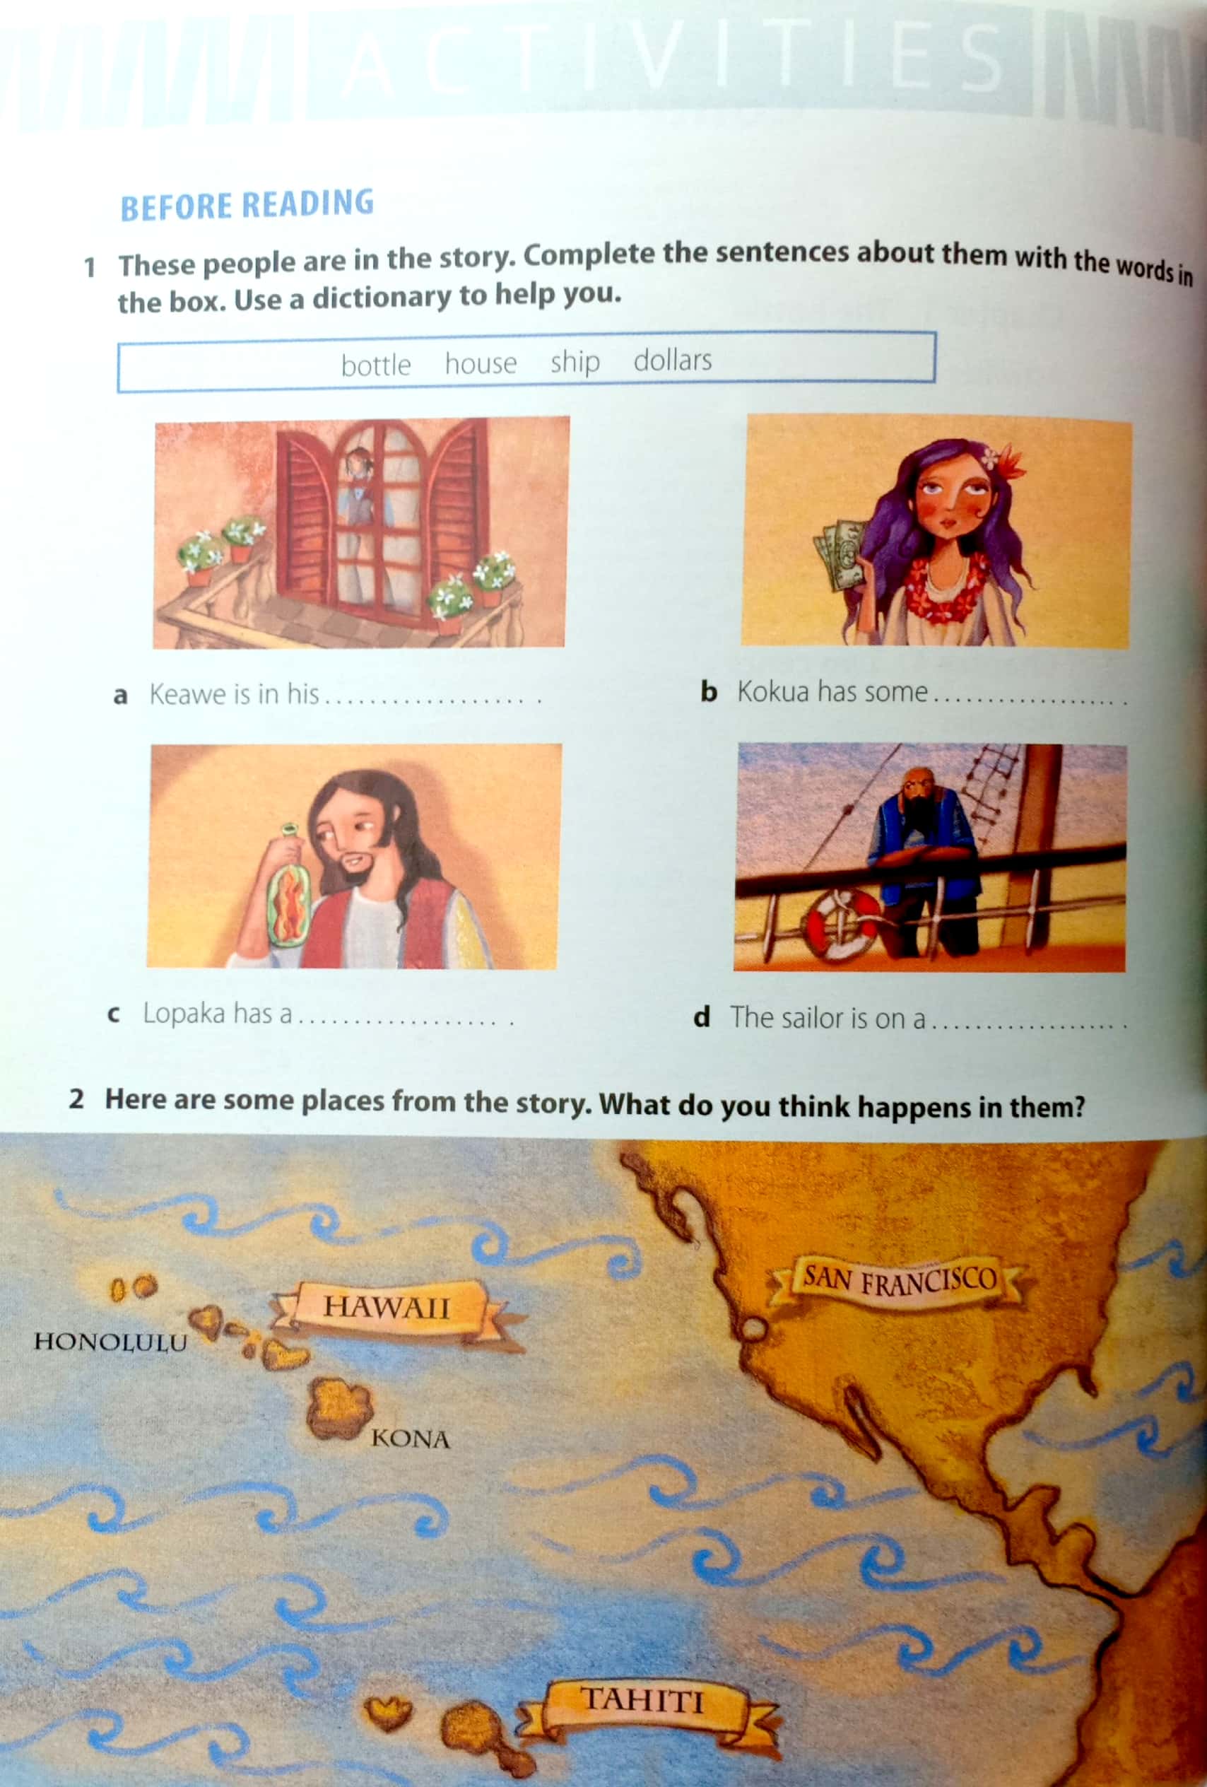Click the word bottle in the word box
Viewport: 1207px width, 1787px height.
[x=376, y=365]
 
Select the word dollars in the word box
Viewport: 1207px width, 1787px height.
[x=673, y=360]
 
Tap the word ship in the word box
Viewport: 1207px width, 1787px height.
[x=575, y=362]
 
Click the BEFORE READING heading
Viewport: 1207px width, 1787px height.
[x=247, y=204]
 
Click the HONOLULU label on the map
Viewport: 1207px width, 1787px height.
[x=111, y=1342]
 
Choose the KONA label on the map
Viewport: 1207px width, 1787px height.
[x=411, y=1439]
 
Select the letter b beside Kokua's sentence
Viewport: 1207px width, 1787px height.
[x=708, y=691]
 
